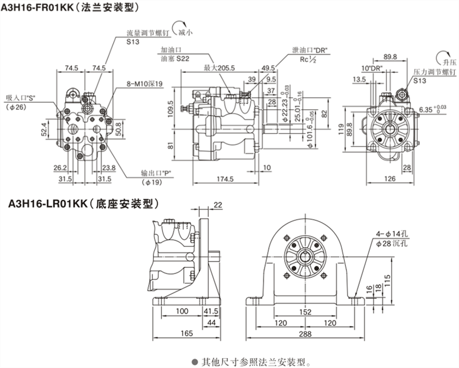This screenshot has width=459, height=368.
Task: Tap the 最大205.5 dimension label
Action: [x=219, y=68]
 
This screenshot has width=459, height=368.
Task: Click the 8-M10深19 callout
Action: [x=145, y=83]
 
